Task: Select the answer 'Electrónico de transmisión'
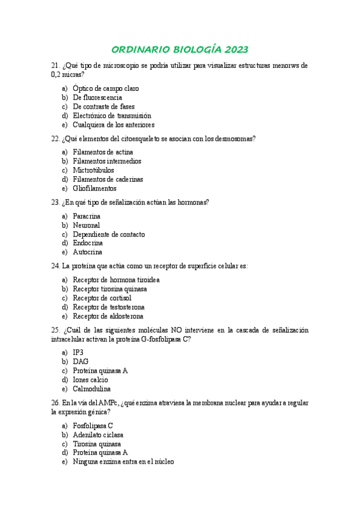click(112, 115)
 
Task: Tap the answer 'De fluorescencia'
click(97, 97)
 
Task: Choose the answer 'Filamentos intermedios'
click(107, 161)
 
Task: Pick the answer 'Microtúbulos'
click(93, 170)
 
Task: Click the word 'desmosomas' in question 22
click(233, 139)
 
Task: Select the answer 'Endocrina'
click(88, 243)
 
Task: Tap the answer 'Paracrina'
click(87, 216)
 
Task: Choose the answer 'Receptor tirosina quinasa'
click(110, 289)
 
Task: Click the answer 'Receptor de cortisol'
click(102, 298)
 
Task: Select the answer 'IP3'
click(78, 352)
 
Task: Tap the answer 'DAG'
click(81, 361)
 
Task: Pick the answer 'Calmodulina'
click(92, 389)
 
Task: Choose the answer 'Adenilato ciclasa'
click(98, 434)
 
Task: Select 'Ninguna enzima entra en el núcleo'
click(123, 461)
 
